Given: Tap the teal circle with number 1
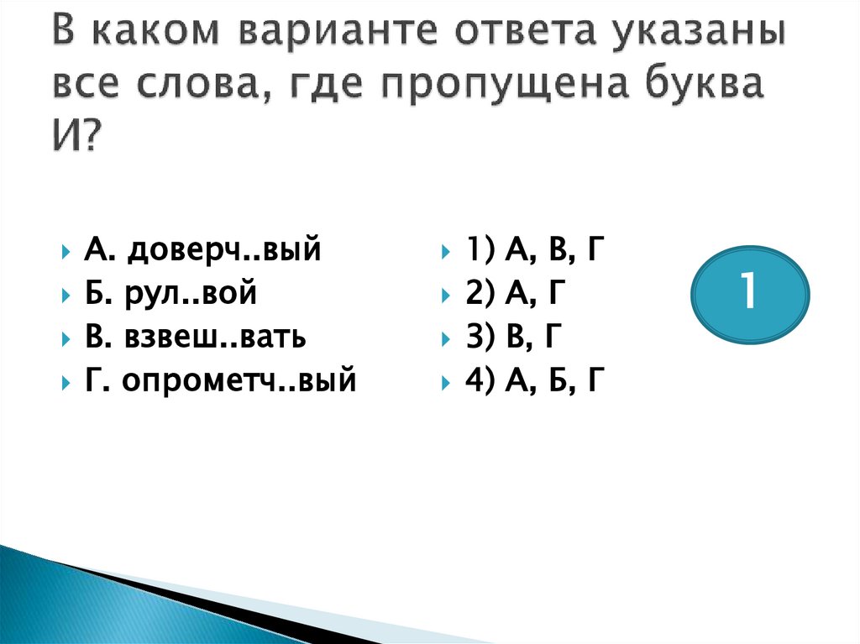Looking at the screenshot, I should (750, 295).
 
